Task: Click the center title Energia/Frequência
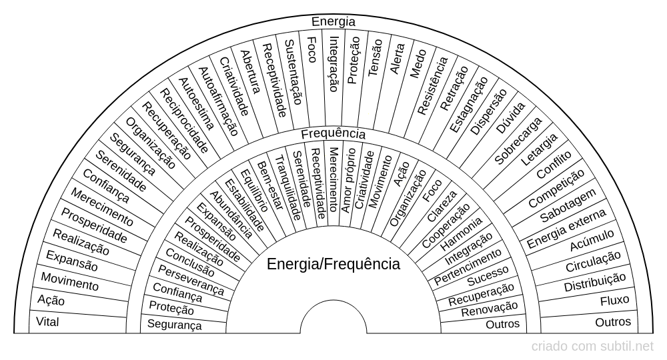pos(333,264)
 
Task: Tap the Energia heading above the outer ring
pos(333,21)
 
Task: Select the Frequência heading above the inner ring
pos(333,134)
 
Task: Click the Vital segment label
pos(47,322)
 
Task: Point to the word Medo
pos(418,64)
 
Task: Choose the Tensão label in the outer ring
pos(375,58)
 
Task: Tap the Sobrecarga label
pos(518,141)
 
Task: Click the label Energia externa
pos(566,229)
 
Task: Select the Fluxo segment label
pos(615,301)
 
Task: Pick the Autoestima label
pos(195,104)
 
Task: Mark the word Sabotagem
pos(568,206)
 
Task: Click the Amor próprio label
pos(349,180)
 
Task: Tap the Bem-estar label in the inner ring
pos(270,185)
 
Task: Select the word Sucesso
pos(488,276)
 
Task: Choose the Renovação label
pos(489,309)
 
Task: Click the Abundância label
pos(231,215)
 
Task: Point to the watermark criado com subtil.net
pos(592,347)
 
